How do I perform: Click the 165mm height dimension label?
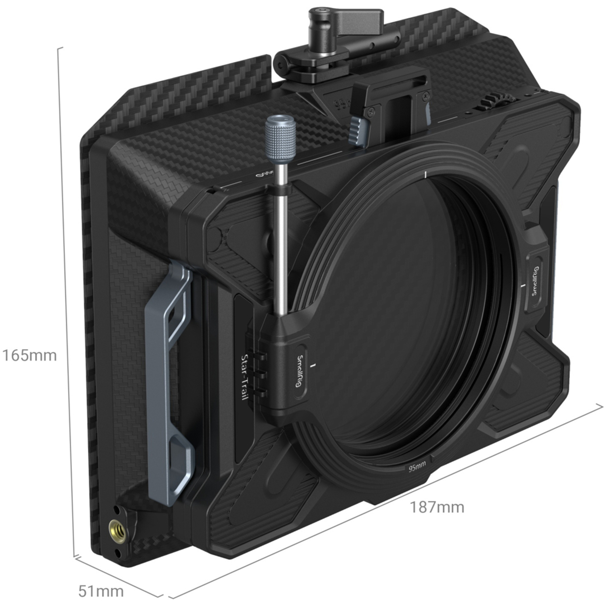[x=29, y=356]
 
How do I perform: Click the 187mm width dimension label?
[x=437, y=507]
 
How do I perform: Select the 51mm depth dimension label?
[x=101, y=591]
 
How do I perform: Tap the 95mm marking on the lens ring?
[x=417, y=468]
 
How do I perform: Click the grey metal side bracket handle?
[x=170, y=364]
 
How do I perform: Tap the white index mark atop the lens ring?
[x=426, y=175]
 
